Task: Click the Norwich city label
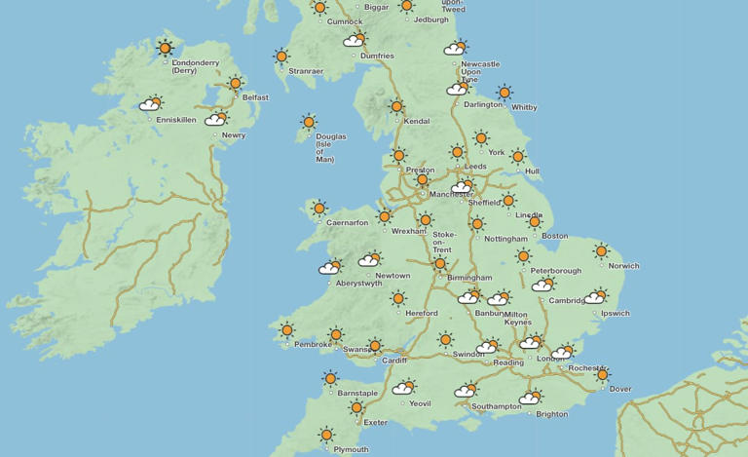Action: [623, 266]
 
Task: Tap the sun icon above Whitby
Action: [504, 93]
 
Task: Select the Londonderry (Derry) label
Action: [195, 66]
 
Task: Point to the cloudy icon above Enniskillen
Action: [151, 103]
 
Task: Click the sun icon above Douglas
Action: [309, 122]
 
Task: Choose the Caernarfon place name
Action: [348, 222]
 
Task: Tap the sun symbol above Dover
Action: [602, 374]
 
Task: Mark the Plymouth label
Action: [351, 449]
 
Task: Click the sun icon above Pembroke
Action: [287, 330]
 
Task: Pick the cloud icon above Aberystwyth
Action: [331, 267]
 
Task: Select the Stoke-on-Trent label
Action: [444, 242]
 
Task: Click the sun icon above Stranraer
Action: [281, 57]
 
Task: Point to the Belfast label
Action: [255, 97]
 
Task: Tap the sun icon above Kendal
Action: [396, 106]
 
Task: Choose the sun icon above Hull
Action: [517, 156]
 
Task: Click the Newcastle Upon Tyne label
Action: [479, 71]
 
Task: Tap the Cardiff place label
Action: [394, 360]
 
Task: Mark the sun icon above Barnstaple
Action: [331, 378]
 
